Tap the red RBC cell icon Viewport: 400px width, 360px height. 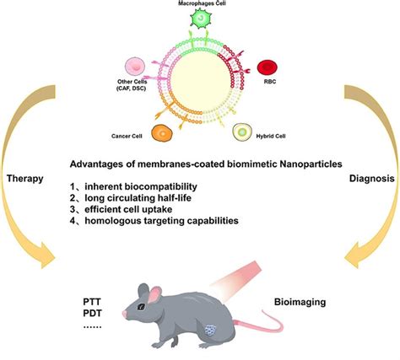point(267,67)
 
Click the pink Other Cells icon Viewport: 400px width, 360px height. point(136,67)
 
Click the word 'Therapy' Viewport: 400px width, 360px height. point(25,180)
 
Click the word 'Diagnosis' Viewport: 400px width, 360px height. point(370,179)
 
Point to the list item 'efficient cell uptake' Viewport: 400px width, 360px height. point(145,208)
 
